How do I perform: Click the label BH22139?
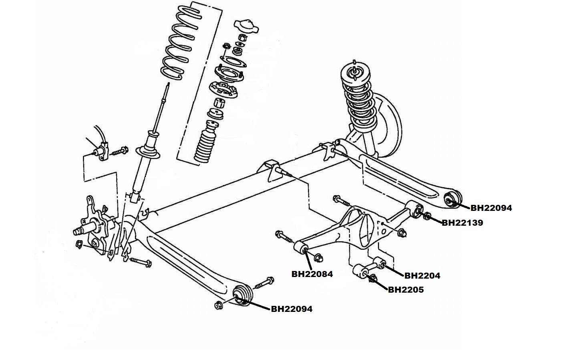point(462,223)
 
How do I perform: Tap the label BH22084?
point(312,274)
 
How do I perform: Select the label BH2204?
point(422,276)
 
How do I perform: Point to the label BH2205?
point(406,290)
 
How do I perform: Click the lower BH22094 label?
point(292,309)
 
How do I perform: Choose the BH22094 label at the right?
point(491,208)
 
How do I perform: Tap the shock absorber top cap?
point(246,26)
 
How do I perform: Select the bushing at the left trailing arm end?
point(242,296)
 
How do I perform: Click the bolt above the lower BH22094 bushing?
point(264,283)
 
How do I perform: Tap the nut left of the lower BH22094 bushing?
point(218,305)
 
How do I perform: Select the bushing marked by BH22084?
point(302,249)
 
